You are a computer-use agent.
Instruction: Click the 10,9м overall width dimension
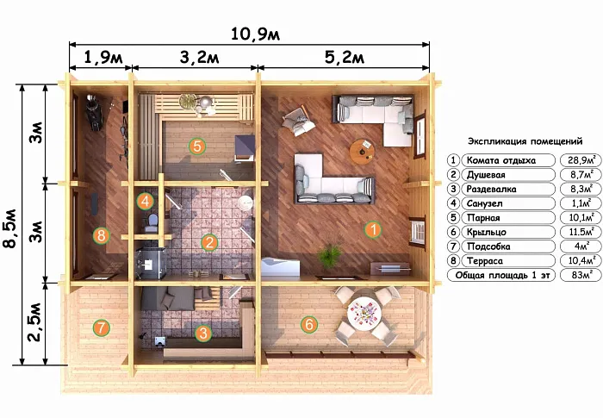(255, 34)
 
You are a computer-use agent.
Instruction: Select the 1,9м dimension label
(103, 58)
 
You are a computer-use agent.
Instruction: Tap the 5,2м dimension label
(345, 58)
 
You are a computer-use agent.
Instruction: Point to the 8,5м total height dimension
(10, 228)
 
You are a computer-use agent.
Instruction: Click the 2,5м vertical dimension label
(34, 322)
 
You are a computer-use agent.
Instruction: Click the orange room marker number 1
(373, 230)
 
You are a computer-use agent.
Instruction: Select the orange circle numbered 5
(197, 146)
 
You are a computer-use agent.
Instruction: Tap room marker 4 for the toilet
(145, 201)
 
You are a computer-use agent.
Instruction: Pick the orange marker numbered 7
(101, 328)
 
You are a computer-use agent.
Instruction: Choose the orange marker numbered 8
(101, 234)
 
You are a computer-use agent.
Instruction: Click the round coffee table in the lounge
(362, 152)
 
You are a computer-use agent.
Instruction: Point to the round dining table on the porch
(364, 313)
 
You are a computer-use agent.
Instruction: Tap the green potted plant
(330, 255)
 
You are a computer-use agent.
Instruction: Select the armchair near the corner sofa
(298, 121)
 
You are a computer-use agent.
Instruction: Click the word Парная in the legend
(483, 218)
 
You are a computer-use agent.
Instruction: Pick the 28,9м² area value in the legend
(581, 160)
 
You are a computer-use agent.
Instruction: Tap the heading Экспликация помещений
(525, 141)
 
